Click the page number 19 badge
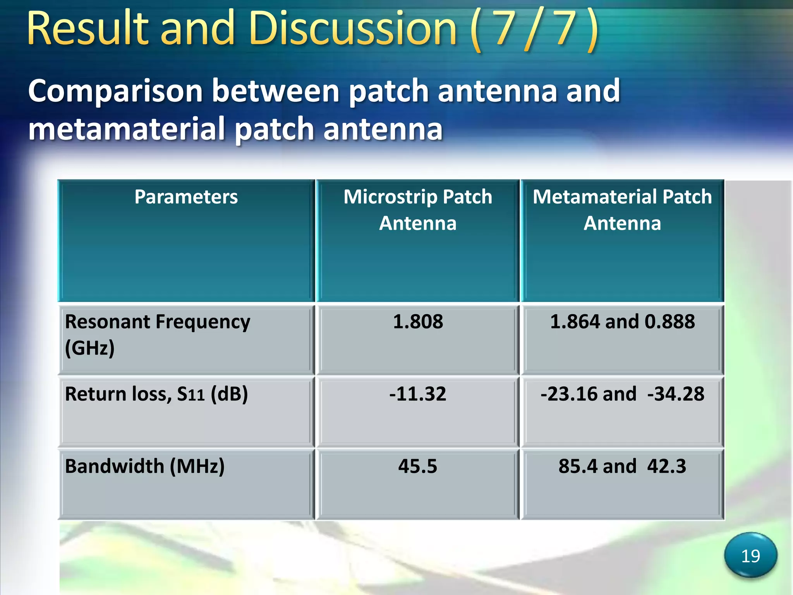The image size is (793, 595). tap(750, 556)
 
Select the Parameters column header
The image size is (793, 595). tap(186, 197)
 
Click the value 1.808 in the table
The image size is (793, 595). tap(418, 322)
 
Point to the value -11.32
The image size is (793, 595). tap(417, 394)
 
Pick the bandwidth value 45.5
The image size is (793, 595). tap(417, 466)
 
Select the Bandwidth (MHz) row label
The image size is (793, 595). tap(144, 466)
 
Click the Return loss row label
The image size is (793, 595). tap(156, 394)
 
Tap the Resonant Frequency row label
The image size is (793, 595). tap(157, 334)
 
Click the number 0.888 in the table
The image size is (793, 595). tap(669, 322)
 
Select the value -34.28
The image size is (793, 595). tap(676, 394)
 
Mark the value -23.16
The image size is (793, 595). tap(569, 394)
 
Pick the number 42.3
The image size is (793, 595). tap(666, 466)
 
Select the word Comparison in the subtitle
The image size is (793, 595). tap(115, 91)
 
